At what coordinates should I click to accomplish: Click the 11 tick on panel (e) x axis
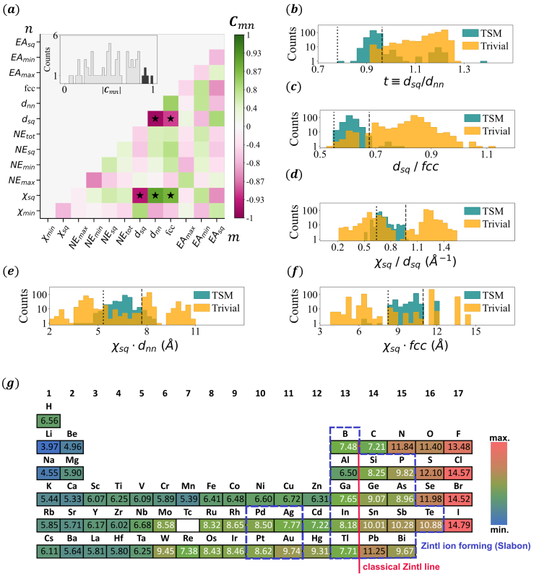[x=195, y=331]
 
